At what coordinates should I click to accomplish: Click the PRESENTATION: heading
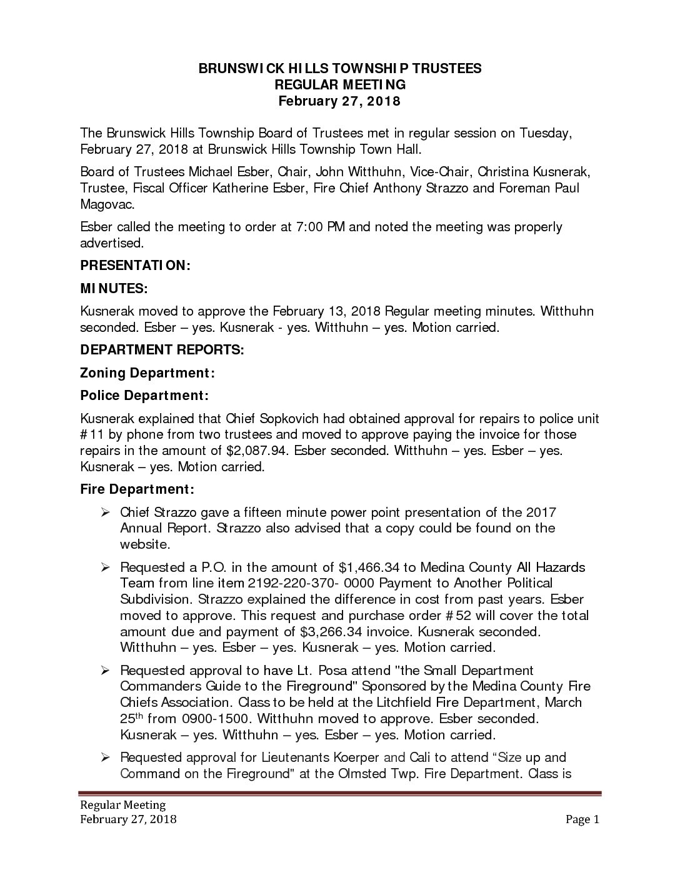point(135,265)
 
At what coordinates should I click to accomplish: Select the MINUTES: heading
point(114,288)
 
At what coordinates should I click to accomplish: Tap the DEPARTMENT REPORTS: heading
point(162,349)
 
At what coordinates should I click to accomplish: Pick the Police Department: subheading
point(144,396)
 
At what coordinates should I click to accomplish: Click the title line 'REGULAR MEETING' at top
point(340,84)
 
